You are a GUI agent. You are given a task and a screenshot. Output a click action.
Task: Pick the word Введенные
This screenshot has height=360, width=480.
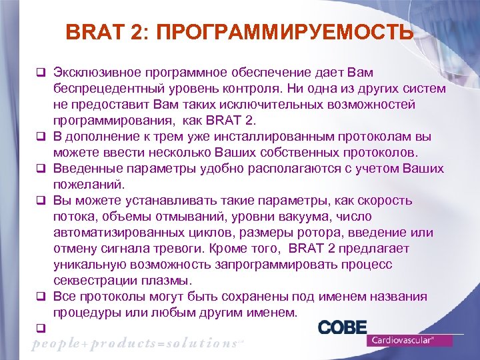[x=85, y=169]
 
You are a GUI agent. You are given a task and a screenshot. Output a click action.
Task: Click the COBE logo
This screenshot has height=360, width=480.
[x=342, y=327]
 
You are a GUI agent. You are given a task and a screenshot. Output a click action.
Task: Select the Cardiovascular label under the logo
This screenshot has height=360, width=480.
[x=409, y=340]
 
